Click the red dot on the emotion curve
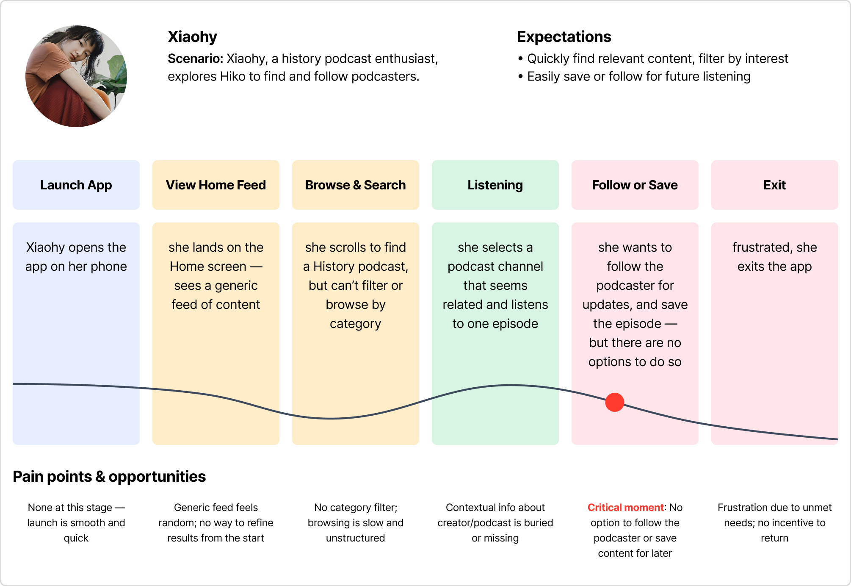614,402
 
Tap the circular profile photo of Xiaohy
76,76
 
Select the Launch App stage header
76,185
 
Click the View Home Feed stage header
216,185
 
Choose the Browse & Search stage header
356,185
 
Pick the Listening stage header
495,185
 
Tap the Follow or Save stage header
635,185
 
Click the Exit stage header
775,185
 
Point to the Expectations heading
564,37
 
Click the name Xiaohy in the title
192,37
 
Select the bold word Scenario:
195,58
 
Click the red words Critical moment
625,507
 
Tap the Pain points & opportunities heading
109,477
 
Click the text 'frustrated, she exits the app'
775,257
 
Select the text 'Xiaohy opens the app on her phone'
76,257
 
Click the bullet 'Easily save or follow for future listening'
638,76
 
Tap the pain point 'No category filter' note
356,522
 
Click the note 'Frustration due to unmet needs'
775,522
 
